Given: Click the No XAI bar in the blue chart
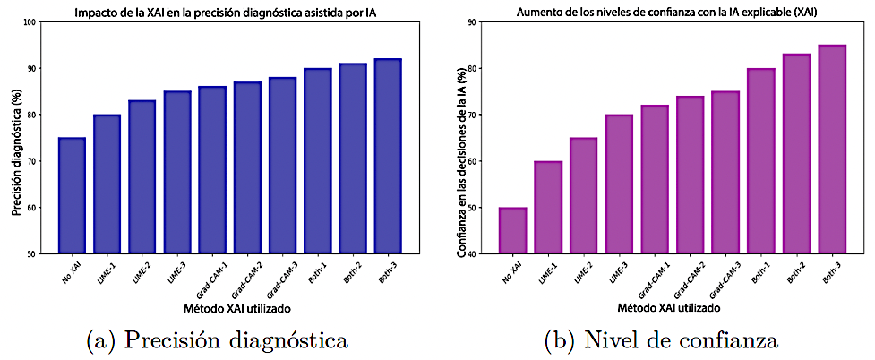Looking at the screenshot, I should pos(72,196).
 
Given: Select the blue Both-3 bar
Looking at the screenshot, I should pos(388,157).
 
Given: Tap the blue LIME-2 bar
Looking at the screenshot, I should pos(142,177).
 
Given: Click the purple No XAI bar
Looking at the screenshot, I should pos(512,231).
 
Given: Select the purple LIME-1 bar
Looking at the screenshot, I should pos(549,208).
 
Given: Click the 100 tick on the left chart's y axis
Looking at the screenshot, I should pos(31,21).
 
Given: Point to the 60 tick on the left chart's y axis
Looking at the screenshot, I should pos(33,208).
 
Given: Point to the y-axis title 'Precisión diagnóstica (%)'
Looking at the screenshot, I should pos(15,138).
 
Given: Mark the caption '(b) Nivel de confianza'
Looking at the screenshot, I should pos(662,340).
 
